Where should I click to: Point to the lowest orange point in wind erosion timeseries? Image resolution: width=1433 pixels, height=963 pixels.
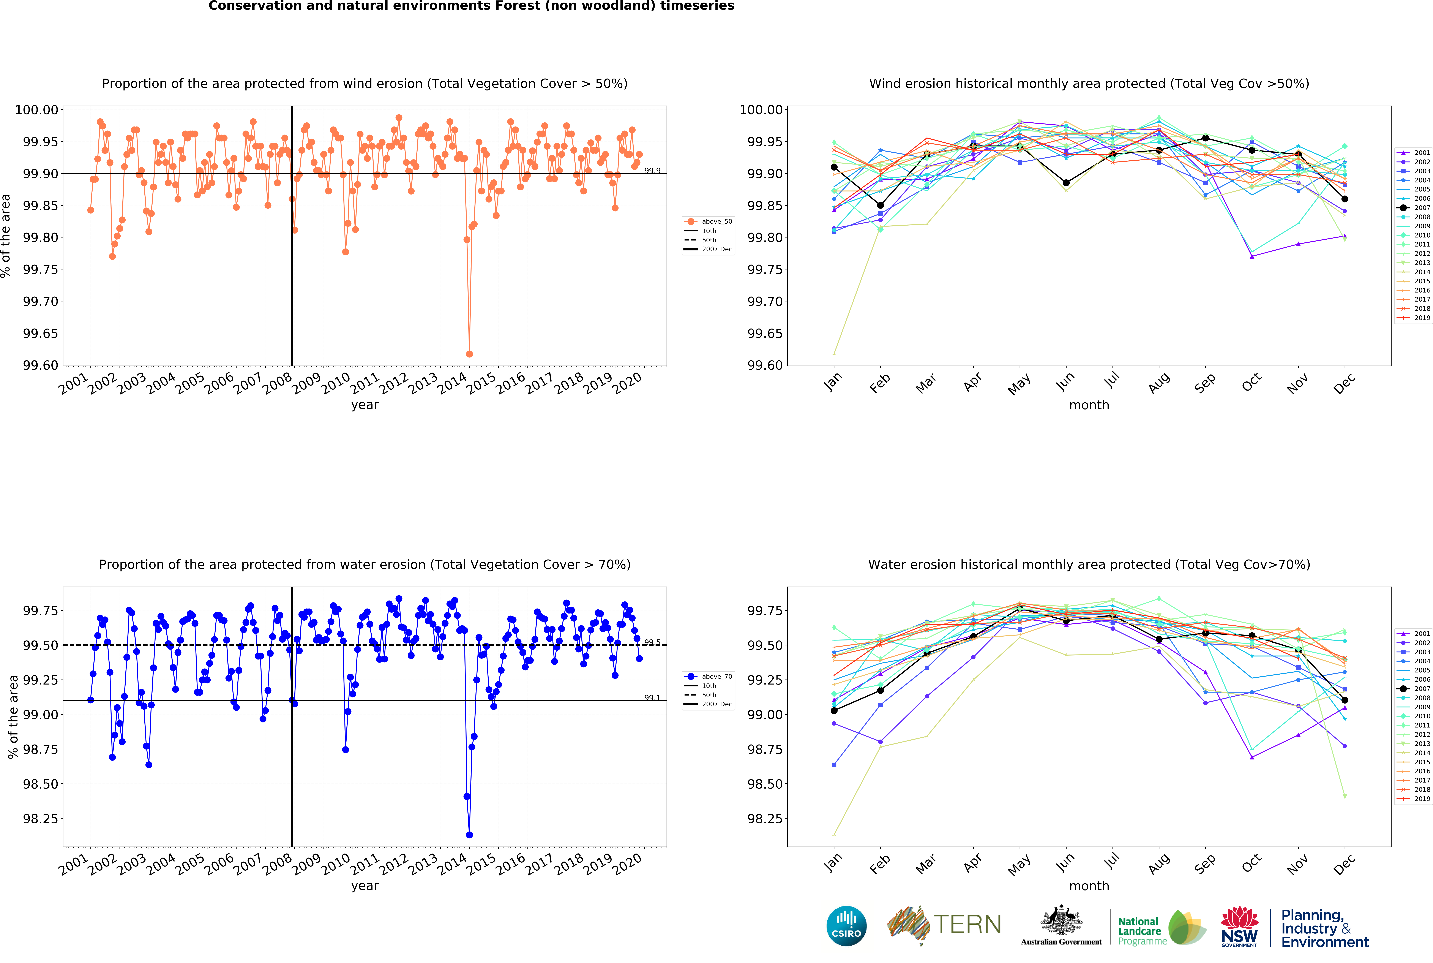(x=469, y=354)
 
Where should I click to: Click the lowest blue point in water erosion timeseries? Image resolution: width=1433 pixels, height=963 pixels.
(x=469, y=835)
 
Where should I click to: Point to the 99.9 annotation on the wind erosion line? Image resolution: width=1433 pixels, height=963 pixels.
(x=652, y=171)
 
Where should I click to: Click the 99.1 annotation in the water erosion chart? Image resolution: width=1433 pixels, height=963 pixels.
(x=652, y=698)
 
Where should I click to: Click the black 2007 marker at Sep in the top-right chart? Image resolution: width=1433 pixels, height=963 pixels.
(x=1205, y=138)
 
